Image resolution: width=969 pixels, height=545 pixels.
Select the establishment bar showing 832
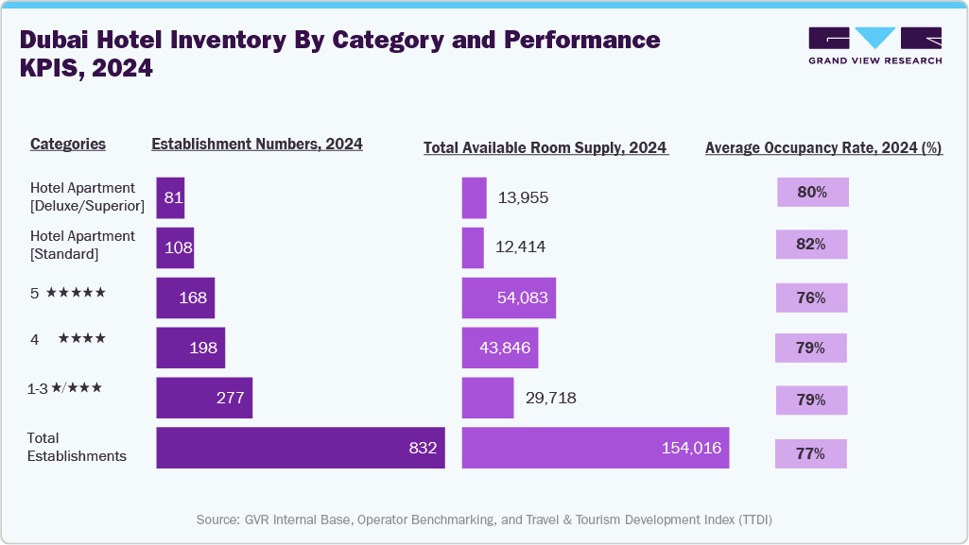pyautogui.click(x=300, y=448)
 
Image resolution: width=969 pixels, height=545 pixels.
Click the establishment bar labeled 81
pyautogui.click(x=170, y=197)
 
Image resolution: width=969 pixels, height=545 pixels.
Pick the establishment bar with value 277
pyautogui.click(x=204, y=398)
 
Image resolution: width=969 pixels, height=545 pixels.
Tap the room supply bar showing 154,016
pyautogui.click(x=596, y=448)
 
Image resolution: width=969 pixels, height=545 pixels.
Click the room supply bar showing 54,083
pyautogui.click(x=509, y=298)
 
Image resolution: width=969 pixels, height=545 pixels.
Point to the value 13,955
pyautogui.click(x=522, y=198)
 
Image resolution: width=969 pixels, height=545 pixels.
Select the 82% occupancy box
pyautogui.click(x=811, y=245)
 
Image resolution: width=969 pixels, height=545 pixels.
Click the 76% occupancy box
pyautogui.click(x=811, y=298)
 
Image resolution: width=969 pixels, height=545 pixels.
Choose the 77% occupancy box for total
pyautogui.click(x=810, y=453)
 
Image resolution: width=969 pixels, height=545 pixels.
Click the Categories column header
pyautogui.click(x=68, y=145)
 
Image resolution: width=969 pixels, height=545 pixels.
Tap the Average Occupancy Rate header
pyautogui.click(x=823, y=148)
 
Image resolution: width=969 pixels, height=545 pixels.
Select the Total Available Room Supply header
pyautogui.click(x=545, y=148)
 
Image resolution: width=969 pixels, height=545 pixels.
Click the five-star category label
pyautogui.click(x=68, y=293)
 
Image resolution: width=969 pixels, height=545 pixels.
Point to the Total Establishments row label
pyautogui.click(x=78, y=447)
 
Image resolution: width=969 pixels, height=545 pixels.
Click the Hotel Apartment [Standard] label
pyautogui.click(x=83, y=245)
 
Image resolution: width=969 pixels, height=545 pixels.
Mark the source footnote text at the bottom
pyautogui.click(x=484, y=519)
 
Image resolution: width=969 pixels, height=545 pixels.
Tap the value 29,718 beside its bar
pyautogui.click(x=545, y=399)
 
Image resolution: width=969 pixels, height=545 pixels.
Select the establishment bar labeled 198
pyautogui.click(x=190, y=348)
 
